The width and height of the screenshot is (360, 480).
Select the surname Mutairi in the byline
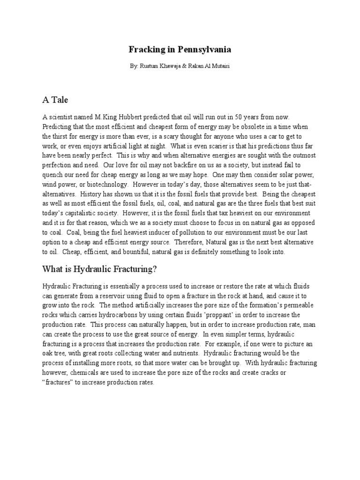tap(220, 67)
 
